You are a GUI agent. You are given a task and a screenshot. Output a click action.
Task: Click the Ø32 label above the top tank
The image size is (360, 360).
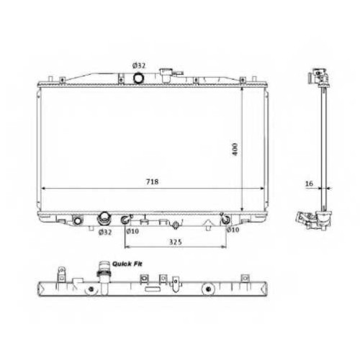click(139, 66)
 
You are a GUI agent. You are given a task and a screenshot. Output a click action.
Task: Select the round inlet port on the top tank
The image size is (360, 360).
click(138, 78)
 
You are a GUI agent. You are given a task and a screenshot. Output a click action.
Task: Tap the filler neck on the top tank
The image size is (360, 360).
click(166, 75)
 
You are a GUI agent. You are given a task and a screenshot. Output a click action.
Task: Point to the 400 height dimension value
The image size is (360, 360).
click(235, 149)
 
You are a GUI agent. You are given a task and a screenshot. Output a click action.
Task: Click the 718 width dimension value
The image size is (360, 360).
click(153, 182)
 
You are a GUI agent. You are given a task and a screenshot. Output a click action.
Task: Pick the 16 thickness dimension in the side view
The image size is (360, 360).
click(309, 184)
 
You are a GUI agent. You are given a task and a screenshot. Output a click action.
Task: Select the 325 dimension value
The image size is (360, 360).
click(176, 242)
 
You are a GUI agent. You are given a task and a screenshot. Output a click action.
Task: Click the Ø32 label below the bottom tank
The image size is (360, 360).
click(105, 232)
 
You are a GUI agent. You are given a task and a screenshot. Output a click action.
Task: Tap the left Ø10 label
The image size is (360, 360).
click(132, 231)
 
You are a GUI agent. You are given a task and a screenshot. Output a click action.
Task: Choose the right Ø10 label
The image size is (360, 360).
click(233, 230)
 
